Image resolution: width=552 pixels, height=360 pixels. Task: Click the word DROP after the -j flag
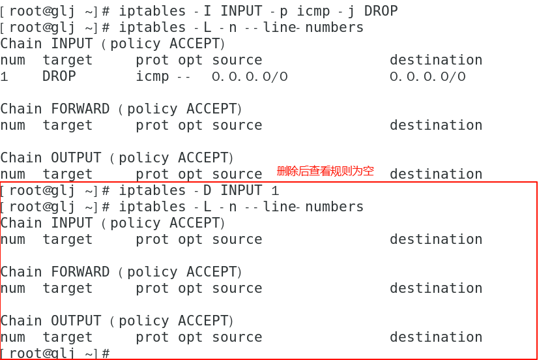[x=381, y=11]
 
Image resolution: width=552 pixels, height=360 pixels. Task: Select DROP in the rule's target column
[x=59, y=76]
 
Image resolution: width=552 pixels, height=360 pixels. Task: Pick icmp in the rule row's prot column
[x=153, y=76]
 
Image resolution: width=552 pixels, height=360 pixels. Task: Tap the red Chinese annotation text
[x=325, y=171]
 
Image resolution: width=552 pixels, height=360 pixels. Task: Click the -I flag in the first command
[x=205, y=11]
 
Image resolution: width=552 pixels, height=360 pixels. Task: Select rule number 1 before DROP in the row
[x=5, y=76]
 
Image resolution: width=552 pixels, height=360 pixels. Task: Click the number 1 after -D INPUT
[x=275, y=190]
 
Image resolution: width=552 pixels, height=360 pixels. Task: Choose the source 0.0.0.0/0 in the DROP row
[x=250, y=76]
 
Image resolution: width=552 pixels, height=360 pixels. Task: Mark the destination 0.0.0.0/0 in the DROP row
[x=428, y=76]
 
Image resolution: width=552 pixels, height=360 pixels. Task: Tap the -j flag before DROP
[x=347, y=11]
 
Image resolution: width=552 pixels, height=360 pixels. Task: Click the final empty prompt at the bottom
[x=55, y=353]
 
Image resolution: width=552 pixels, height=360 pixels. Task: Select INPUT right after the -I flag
[x=241, y=11]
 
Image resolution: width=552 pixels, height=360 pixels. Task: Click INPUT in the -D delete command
[x=241, y=190]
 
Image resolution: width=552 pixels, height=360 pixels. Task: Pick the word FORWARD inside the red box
[x=80, y=272]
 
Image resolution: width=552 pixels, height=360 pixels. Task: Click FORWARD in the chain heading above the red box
[x=80, y=109]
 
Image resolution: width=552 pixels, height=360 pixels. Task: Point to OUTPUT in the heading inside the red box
[x=76, y=321]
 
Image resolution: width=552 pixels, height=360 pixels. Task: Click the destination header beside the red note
[x=436, y=174]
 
